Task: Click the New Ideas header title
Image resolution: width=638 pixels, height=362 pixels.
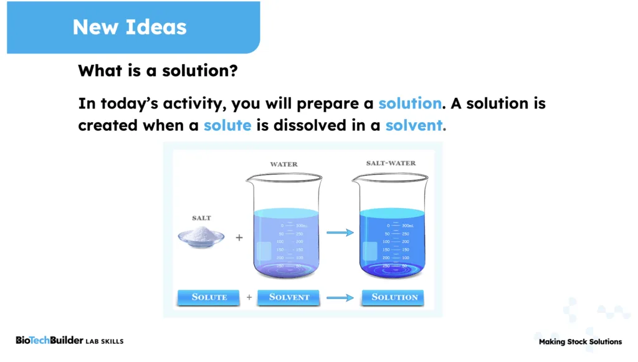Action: tap(129, 27)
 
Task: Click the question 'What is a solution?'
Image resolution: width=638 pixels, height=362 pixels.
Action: tap(158, 70)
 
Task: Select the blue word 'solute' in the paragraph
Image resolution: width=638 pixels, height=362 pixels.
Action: tap(227, 125)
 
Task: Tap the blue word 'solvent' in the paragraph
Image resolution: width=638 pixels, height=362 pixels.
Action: tap(414, 125)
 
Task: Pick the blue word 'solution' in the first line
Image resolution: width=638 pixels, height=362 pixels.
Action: tap(410, 103)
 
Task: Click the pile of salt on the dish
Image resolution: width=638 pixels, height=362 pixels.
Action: tap(201, 234)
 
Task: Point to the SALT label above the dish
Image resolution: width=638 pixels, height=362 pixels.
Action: tap(201, 218)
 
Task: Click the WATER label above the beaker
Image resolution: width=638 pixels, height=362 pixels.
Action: tap(283, 164)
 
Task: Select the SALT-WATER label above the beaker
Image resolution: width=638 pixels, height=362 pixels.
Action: tap(391, 163)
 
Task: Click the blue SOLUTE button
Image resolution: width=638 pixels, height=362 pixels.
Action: tap(209, 297)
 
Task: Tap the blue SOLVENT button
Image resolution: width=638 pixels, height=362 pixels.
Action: tap(288, 297)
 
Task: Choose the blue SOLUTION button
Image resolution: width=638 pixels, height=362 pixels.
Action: tap(393, 297)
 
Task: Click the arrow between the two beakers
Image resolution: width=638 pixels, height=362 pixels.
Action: tap(340, 232)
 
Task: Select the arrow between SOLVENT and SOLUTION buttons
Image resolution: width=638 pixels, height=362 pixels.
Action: tap(340, 298)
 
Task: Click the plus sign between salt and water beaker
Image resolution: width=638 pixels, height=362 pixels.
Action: tap(239, 237)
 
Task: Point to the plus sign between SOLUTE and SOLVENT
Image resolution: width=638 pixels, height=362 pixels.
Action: tap(249, 298)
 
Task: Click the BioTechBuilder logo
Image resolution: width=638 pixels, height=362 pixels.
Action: tap(49, 340)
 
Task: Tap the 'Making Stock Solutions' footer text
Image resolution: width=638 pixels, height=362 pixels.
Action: tap(580, 341)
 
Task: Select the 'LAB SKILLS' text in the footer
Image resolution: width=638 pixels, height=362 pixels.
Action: tap(105, 341)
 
